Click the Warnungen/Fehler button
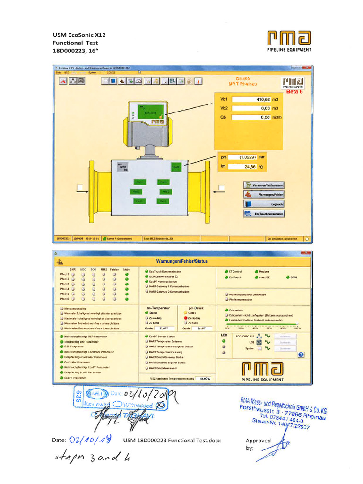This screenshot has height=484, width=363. click(264, 194)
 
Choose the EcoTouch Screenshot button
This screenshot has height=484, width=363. click(264, 214)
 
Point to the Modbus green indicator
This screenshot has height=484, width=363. click(257, 272)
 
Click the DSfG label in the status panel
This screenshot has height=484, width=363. click(294, 277)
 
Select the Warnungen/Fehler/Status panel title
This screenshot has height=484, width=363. click(181, 261)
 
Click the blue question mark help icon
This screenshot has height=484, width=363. click(301, 354)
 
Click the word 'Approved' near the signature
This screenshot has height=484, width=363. click(258, 440)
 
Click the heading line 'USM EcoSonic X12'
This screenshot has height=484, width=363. click(79, 35)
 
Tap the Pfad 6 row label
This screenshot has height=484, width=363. click(64, 299)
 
